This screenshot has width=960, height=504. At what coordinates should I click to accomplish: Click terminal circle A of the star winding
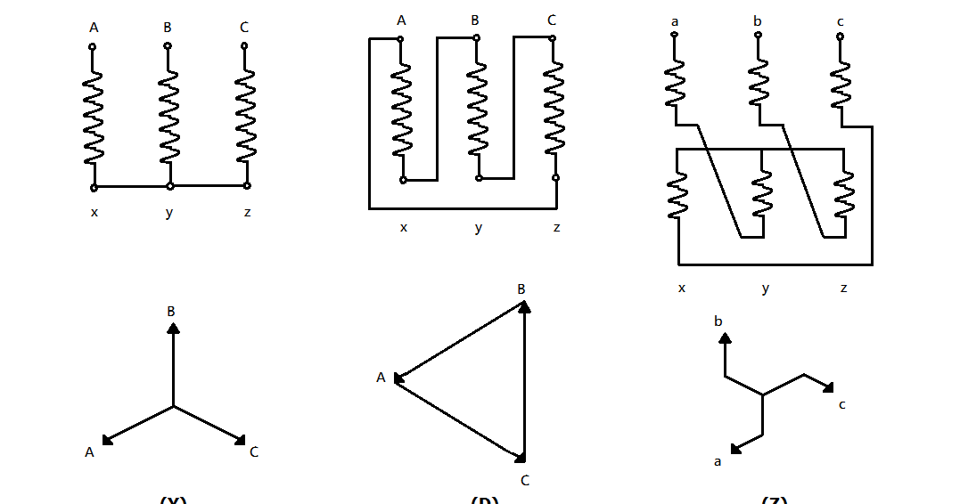93,45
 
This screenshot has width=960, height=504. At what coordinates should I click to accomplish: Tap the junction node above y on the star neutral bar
170,186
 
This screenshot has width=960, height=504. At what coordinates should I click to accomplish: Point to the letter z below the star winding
247,213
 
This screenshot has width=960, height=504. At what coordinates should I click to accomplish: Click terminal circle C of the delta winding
553,38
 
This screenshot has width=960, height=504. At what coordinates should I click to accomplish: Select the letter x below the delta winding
403,228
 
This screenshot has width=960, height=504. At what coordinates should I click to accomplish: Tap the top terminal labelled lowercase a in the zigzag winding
675,36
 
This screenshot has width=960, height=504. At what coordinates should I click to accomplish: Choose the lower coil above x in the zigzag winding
678,194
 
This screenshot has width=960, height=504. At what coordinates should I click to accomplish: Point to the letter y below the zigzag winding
765,289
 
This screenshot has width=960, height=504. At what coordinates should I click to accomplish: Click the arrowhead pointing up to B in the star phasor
173,329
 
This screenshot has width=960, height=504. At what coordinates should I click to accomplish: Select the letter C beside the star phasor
254,452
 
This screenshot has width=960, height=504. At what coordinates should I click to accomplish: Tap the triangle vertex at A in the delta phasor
398,378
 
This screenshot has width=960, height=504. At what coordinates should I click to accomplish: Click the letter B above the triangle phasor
521,289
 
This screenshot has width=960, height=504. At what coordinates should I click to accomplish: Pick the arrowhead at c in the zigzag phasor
828,387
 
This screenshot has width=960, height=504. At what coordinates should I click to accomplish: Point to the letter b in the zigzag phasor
718,321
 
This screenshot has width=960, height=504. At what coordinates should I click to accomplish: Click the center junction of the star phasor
173,406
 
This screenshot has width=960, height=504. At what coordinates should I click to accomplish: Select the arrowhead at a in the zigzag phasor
736,449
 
